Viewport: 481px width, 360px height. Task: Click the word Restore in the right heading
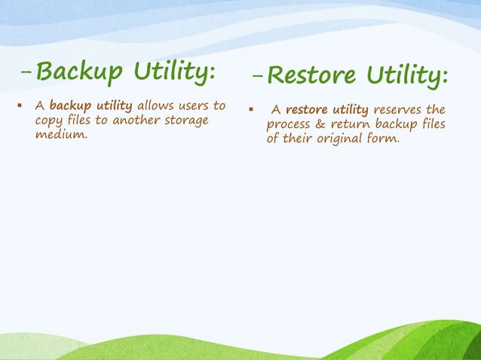[312, 76]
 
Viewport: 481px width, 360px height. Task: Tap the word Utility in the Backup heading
[176, 72]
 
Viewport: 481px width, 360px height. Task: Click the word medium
[60, 135]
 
